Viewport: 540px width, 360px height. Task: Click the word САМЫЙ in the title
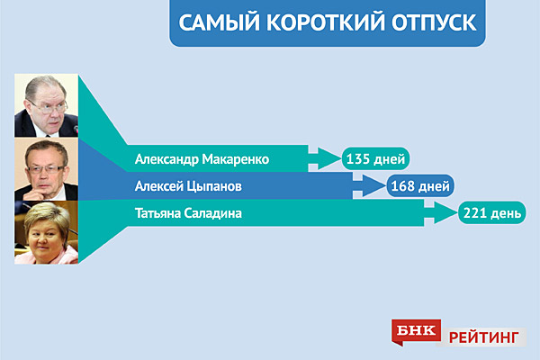[x=219, y=22]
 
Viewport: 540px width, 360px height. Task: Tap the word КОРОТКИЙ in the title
[x=326, y=22]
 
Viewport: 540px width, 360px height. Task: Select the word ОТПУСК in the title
[x=435, y=22]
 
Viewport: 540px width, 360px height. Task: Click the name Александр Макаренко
[x=202, y=159]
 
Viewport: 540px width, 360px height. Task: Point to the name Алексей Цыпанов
[x=188, y=186]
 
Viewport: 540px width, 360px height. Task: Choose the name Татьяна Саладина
[x=188, y=213]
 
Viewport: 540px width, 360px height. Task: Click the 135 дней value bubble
[x=375, y=158]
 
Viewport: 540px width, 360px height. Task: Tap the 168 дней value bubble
[x=420, y=186]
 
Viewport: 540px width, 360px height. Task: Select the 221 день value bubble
[x=491, y=213]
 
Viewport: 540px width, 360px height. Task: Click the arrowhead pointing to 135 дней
[x=328, y=158]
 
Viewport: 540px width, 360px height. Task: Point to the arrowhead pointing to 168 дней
[x=373, y=186]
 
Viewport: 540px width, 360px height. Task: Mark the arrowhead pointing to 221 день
[x=445, y=213]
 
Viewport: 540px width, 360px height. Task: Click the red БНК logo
[x=416, y=331]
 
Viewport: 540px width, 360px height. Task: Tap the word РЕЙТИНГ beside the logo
[x=483, y=337]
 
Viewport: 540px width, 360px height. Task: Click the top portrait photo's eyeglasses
[x=49, y=107]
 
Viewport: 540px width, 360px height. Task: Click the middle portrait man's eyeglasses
[x=46, y=169]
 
